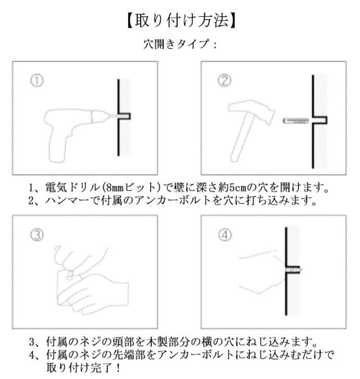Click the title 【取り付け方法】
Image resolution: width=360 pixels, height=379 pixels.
point(181,21)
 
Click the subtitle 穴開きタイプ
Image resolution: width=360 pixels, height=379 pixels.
point(177,44)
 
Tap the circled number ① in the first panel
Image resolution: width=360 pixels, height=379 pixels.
point(37,81)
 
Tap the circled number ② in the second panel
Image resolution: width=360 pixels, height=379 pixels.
point(224,81)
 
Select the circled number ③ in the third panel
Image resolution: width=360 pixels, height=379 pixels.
point(37,235)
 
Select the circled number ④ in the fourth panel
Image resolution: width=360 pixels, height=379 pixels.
point(224,235)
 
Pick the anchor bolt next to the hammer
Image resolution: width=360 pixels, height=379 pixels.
point(296,121)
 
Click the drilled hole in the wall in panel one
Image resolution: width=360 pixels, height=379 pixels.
point(124,116)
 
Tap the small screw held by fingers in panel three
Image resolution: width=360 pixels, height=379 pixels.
point(70,275)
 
